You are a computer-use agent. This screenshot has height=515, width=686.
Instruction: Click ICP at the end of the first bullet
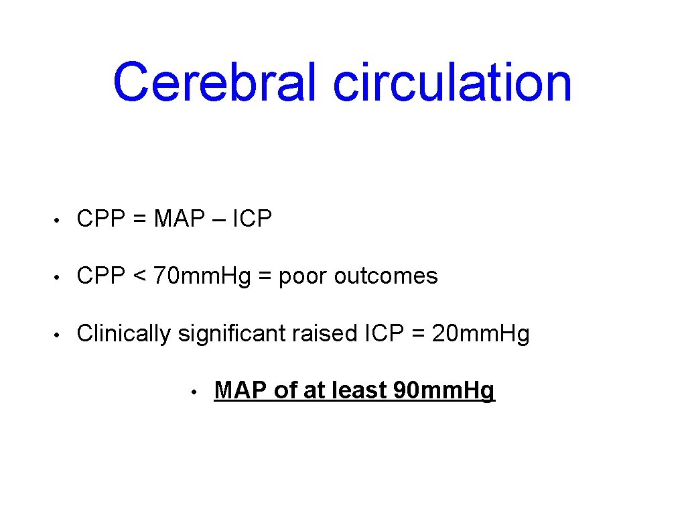coord(253,219)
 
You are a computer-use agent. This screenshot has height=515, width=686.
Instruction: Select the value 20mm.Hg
coord(481,333)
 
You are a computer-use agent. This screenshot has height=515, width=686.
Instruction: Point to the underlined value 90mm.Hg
coord(444,390)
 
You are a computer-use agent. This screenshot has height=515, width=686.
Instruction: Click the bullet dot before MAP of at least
coord(192,392)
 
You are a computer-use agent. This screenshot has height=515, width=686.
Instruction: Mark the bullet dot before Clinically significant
coord(58,334)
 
